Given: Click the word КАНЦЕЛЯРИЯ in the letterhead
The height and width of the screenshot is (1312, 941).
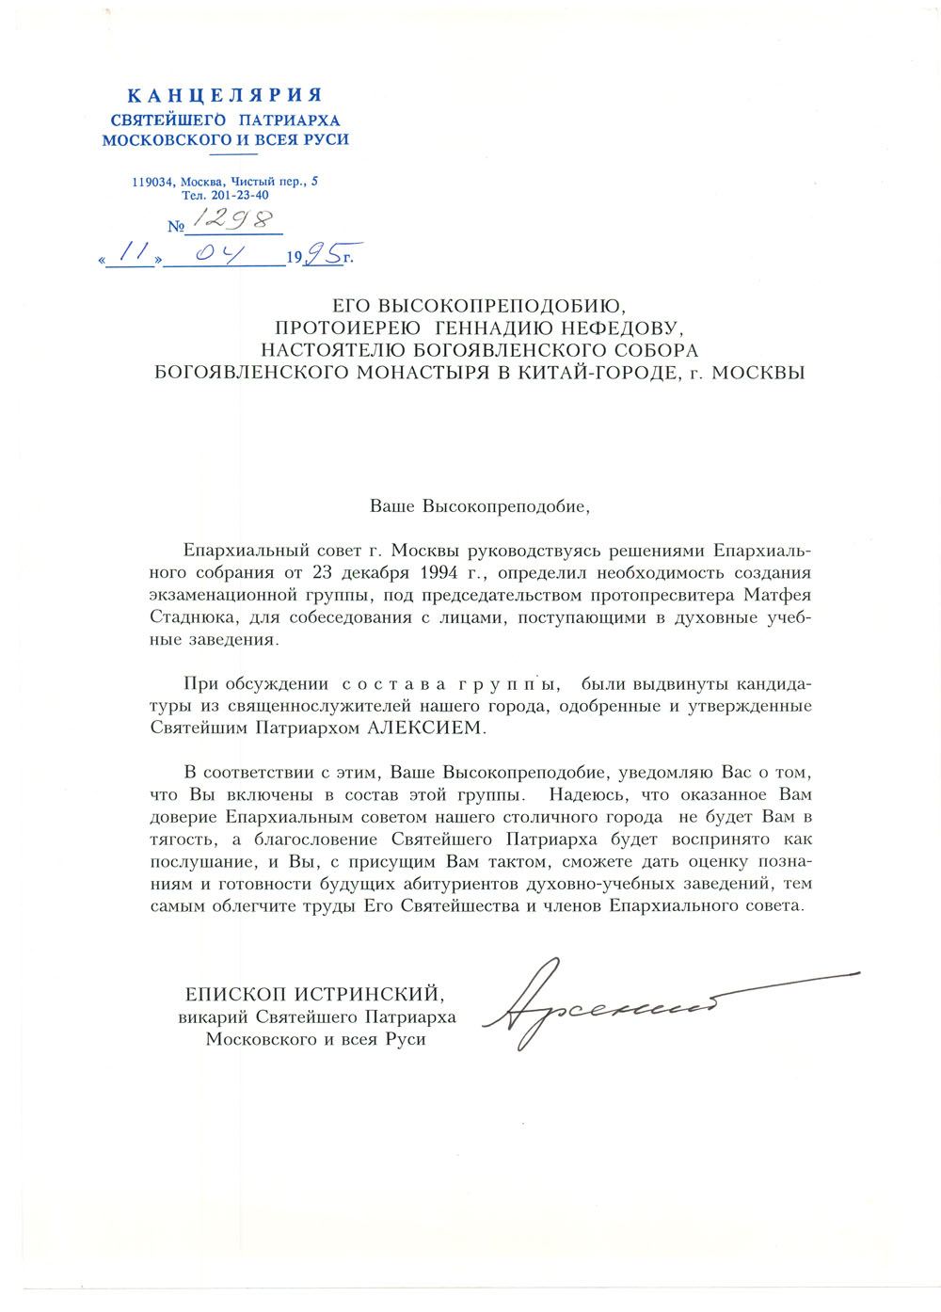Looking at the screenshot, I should [x=225, y=95].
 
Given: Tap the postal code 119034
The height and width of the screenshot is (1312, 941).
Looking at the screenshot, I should [x=153, y=182].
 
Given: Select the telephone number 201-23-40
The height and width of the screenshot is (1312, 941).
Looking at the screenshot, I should [x=240, y=195].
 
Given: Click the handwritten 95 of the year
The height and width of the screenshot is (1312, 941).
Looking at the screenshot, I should [x=323, y=252].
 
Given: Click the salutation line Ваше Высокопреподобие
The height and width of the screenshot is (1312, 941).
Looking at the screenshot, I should [x=479, y=505].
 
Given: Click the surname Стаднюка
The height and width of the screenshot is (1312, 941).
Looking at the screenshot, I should [x=186, y=617].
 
